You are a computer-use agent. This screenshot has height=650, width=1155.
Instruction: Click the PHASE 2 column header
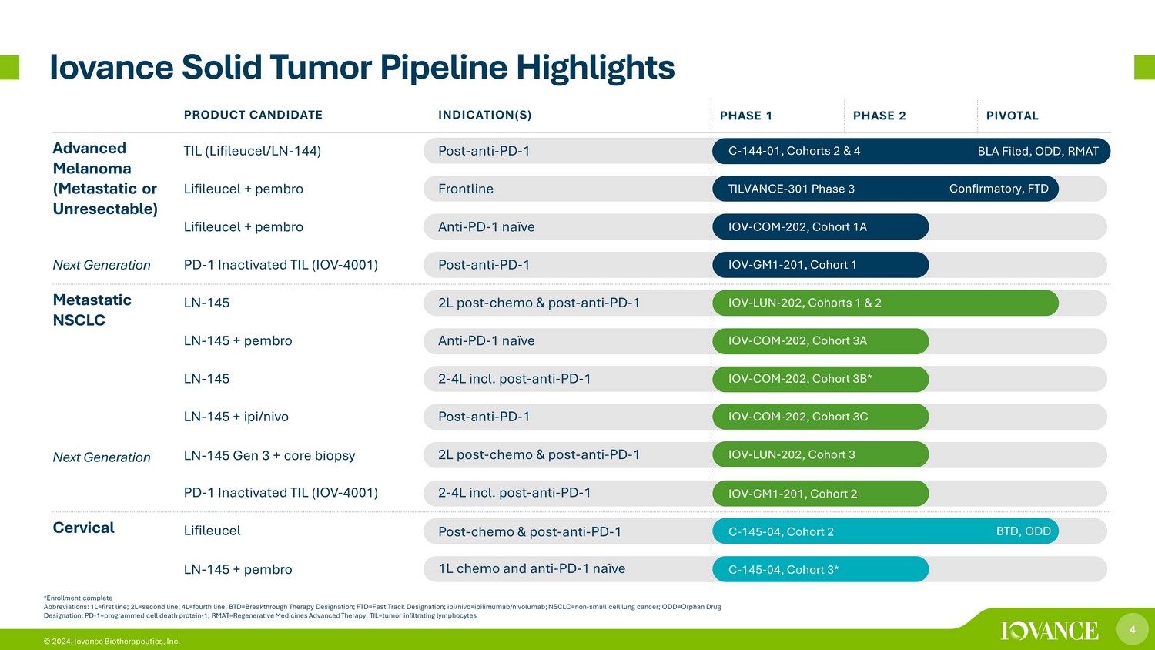(x=879, y=116)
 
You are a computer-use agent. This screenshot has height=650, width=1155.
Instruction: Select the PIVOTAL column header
(x=1013, y=116)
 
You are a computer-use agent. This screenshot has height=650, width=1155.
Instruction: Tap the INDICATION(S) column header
(x=484, y=115)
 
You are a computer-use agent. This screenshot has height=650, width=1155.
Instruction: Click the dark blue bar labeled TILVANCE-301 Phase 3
(x=885, y=189)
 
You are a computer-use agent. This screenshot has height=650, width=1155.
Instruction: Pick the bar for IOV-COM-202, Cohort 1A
(x=820, y=227)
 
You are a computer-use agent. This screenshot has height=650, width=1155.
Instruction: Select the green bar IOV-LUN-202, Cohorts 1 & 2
(x=885, y=303)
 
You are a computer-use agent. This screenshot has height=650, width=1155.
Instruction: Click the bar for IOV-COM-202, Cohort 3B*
(x=820, y=379)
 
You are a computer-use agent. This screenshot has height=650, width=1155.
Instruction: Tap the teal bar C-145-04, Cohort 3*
(x=820, y=569)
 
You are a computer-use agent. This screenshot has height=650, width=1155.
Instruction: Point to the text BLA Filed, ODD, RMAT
(x=1038, y=151)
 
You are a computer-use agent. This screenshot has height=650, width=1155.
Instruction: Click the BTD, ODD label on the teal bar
(x=1023, y=531)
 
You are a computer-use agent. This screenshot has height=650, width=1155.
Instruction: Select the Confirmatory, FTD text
(x=999, y=189)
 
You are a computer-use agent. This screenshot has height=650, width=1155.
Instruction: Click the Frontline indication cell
(x=466, y=189)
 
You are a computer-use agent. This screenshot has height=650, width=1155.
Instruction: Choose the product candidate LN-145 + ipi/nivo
(x=236, y=417)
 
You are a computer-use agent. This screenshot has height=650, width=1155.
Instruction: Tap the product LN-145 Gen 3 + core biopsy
(x=269, y=455)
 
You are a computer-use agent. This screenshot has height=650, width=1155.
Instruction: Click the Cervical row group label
(x=83, y=528)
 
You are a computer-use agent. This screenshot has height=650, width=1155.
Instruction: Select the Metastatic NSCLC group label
(x=92, y=310)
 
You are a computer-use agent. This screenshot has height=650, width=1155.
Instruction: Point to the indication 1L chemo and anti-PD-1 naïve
(x=531, y=568)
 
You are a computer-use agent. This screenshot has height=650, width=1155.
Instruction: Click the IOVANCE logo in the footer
(x=1050, y=631)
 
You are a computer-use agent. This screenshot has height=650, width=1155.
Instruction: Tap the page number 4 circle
(x=1133, y=629)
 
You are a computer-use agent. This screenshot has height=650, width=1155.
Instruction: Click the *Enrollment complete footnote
(x=78, y=598)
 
